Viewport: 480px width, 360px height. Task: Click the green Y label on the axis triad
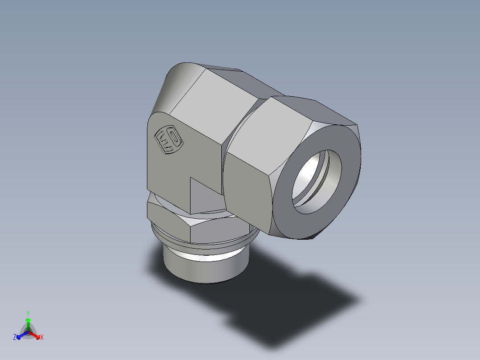(28, 313)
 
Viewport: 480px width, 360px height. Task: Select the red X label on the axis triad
(42, 338)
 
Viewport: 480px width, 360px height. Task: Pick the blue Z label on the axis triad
(15, 338)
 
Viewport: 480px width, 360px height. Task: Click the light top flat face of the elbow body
(214, 102)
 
